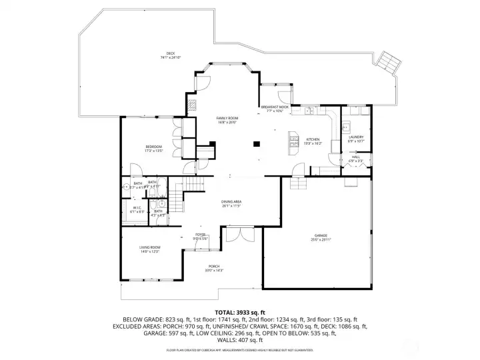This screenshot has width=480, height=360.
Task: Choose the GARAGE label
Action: tap(321, 237)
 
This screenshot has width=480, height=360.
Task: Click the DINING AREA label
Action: tap(231, 203)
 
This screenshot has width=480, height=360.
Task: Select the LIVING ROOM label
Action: tap(149, 249)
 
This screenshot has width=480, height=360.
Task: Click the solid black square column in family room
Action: tap(256, 142)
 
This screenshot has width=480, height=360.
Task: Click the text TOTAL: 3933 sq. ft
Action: tap(240, 312)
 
